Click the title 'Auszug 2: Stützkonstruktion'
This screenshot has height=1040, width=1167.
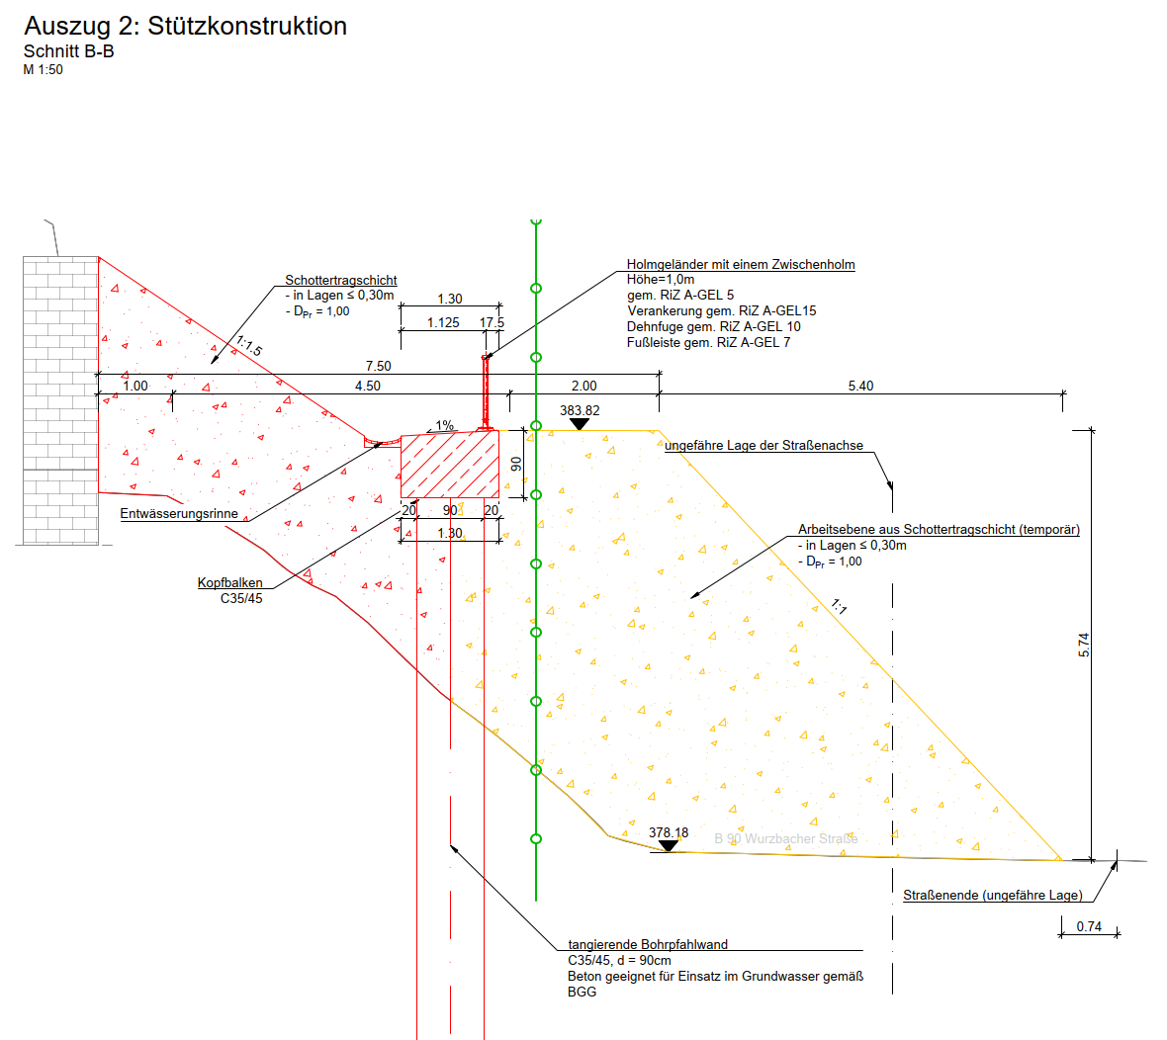coord(185,26)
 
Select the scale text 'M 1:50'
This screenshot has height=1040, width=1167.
coord(44,70)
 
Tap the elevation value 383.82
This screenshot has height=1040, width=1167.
coord(580,410)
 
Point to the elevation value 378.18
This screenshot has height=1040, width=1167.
coord(669,832)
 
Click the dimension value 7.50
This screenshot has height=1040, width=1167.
coord(378,366)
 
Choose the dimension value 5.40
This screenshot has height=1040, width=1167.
coord(860,386)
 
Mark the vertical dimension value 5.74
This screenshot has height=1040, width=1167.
coord(1084,645)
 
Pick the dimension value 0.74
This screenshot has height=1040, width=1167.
coord(1089,926)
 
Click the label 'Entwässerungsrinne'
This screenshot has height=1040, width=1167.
coord(179,513)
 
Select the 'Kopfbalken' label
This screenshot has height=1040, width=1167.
coord(230,582)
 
